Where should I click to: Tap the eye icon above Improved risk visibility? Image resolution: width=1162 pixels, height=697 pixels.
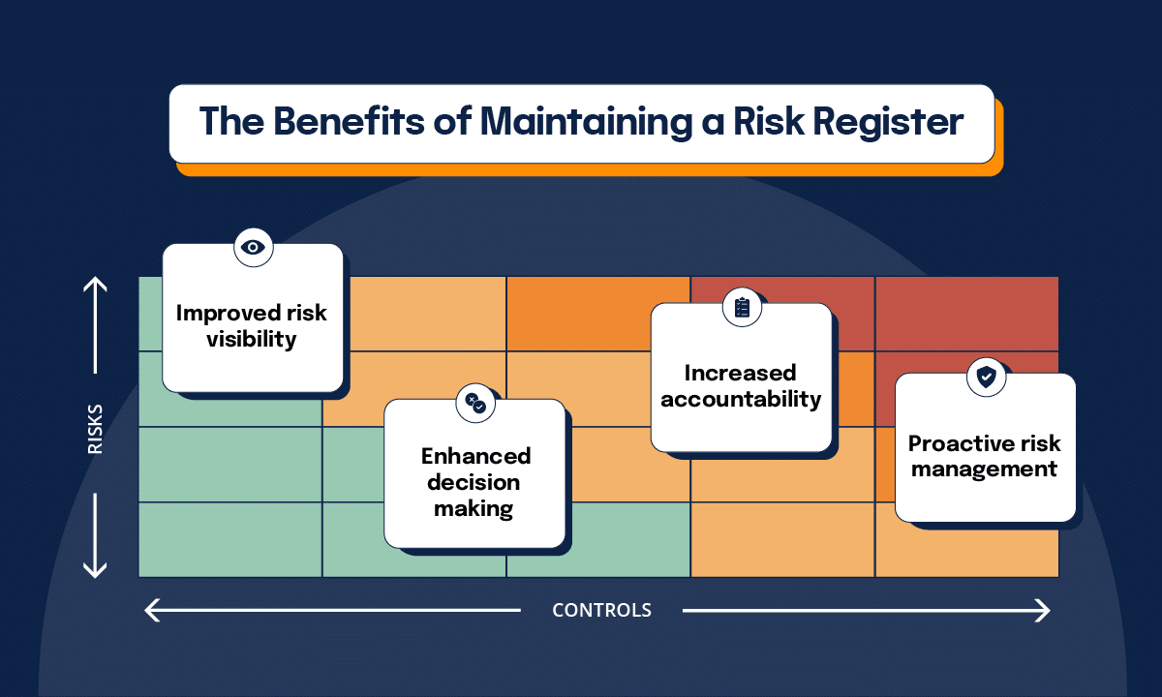click(x=254, y=248)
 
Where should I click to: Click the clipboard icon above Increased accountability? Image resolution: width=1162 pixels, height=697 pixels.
click(x=743, y=307)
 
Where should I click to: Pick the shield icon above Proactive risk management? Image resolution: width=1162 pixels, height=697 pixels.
click(x=986, y=378)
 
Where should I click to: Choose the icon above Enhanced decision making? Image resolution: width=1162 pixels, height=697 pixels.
click(x=475, y=404)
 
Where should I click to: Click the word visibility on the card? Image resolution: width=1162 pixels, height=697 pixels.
click(x=251, y=340)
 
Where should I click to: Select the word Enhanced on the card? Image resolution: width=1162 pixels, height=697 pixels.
click(x=475, y=456)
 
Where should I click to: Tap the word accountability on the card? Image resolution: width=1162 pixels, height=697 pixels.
click(x=741, y=399)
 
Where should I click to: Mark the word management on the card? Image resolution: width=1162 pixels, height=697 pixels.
click(x=985, y=470)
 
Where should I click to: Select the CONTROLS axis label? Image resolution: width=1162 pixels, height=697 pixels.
click(x=601, y=610)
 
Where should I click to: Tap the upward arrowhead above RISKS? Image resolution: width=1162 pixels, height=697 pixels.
click(x=95, y=284)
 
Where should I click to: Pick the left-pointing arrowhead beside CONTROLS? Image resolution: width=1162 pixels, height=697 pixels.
click(x=151, y=610)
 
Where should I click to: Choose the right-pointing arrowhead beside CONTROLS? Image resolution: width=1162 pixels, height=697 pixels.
click(x=1044, y=610)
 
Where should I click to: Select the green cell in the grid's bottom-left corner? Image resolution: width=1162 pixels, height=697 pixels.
click(x=229, y=539)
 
